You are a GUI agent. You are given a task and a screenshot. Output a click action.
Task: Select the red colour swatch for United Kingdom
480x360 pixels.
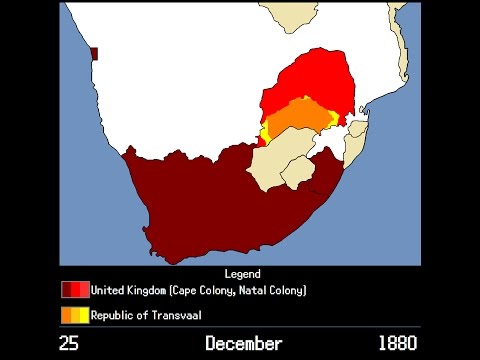[x=75, y=290]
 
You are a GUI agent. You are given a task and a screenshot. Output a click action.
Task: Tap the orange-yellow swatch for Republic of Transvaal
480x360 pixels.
[x=75, y=316]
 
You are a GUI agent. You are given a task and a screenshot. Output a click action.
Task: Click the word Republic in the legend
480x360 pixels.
[x=115, y=316]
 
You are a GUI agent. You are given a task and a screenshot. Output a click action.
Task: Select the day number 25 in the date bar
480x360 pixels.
[x=69, y=344]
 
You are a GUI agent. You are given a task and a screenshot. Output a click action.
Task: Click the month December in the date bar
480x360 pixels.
[x=244, y=344]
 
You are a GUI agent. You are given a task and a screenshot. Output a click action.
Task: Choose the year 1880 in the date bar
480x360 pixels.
[x=398, y=344]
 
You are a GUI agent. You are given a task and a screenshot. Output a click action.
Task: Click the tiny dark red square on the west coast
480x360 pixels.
[x=94, y=54]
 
